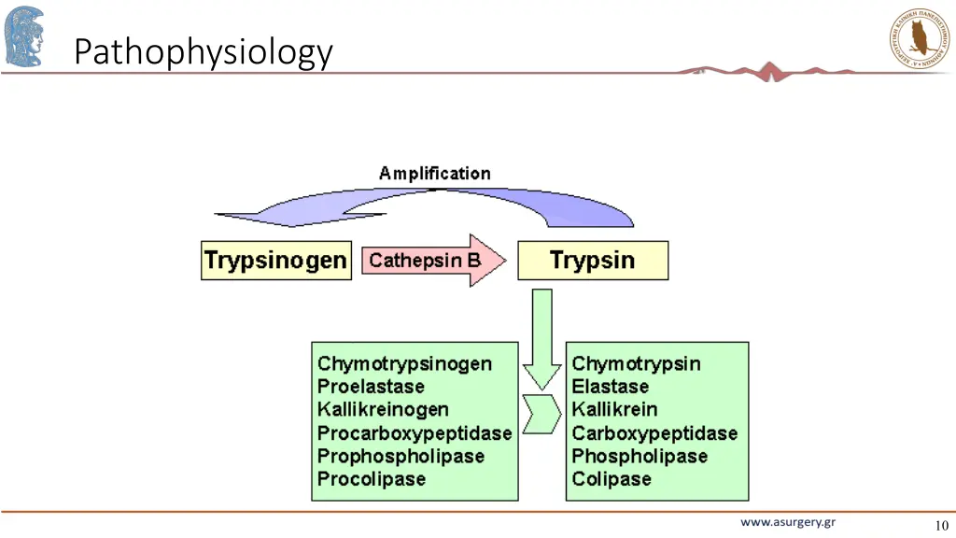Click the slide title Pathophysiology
click(203, 51)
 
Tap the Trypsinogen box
click(275, 260)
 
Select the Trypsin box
click(593, 260)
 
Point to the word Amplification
click(434, 174)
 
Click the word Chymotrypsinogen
click(404, 363)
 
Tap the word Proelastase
click(371, 387)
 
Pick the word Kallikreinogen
click(383, 409)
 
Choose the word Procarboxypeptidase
click(415, 433)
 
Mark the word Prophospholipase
click(401, 456)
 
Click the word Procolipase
click(372, 479)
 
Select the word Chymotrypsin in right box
click(636, 363)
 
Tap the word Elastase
click(610, 387)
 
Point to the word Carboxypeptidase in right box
click(654, 433)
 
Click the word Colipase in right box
click(612, 479)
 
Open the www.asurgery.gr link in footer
click(788, 522)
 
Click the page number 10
click(940, 525)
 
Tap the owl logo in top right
click(920, 38)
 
